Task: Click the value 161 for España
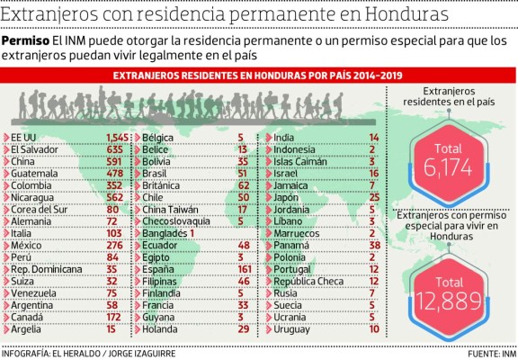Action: point(242,269)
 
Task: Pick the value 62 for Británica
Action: point(242,184)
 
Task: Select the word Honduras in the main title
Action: point(401,15)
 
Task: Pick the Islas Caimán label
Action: point(298,160)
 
